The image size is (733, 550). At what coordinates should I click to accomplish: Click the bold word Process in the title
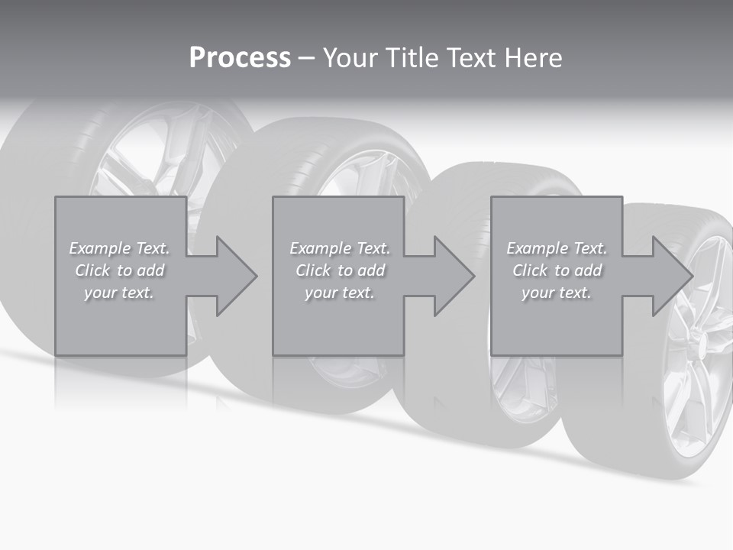click(x=240, y=58)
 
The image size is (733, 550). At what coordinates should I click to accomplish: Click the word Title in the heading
click(x=413, y=58)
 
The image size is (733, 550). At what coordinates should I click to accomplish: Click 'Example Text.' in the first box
click(x=119, y=248)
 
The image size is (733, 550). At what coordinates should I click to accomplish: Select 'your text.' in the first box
click(x=119, y=293)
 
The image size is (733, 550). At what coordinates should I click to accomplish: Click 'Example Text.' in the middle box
click(x=340, y=248)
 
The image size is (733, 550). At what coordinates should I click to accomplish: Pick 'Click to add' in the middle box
click(x=340, y=270)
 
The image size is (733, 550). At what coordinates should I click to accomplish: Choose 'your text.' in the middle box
click(x=340, y=293)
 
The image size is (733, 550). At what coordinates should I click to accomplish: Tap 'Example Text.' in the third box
click(x=557, y=248)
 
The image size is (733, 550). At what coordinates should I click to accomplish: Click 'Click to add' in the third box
click(x=557, y=270)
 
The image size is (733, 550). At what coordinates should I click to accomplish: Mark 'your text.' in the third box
click(x=557, y=293)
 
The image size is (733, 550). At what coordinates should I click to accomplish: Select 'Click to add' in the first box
click(x=119, y=270)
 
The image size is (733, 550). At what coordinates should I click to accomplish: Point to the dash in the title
click(x=307, y=58)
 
